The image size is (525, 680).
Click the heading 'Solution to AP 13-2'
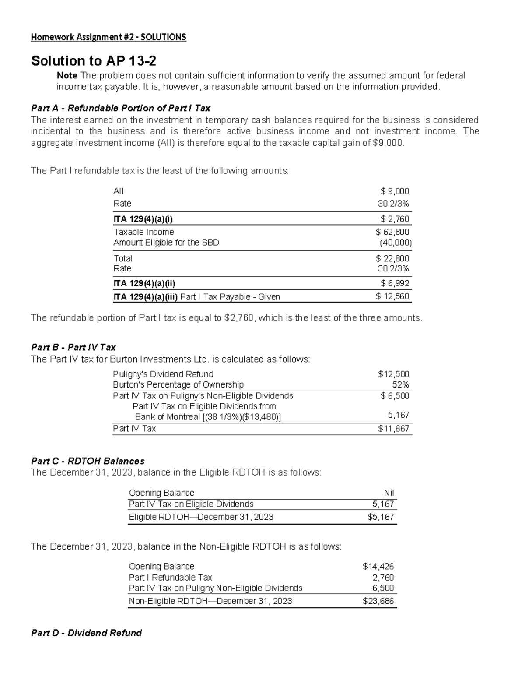pyautogui.click(x=94, y=60)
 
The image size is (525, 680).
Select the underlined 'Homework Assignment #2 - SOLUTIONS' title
pyautogui.click(x=108, y=37)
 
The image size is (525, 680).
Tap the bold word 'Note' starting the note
pyautogui.click(x=67, y=75)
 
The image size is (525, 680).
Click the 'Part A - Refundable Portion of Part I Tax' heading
pyautogui.click(x=121, y=108)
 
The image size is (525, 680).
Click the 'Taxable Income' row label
pyautogui.click(x=143, y=232)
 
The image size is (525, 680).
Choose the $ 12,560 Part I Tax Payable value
pyautogui.click(x=392, y=296)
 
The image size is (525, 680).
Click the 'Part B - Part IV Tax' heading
pyautogui.click(x=73, y=347)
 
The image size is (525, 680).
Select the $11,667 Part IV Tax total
pyautogui.click(x=394, y=429)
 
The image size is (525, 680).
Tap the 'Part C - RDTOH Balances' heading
pyautogui.click(x=87, y=461)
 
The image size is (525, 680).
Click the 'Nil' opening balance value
pyautogui.click(x=388, y=493)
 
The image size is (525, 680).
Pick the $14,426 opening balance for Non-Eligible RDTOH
pyautogui.click(x=378, y=567)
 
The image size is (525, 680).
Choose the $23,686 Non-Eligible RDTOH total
pyautogui.click(x=378, y=601)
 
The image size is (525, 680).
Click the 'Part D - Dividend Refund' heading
pyautogui.click(x=87, y=633)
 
